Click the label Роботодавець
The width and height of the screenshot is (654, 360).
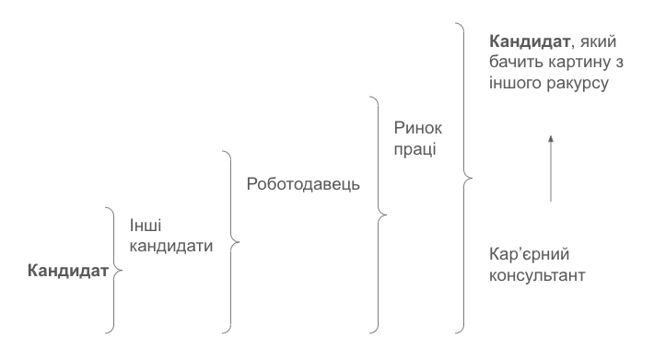coord(304,182)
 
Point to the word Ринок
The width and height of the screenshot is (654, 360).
coord(419,128)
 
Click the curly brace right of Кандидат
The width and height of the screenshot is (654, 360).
coord(113,270)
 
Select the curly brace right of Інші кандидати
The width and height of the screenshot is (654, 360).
coord(230,241)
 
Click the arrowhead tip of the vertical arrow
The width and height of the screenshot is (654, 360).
coord(551,135)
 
